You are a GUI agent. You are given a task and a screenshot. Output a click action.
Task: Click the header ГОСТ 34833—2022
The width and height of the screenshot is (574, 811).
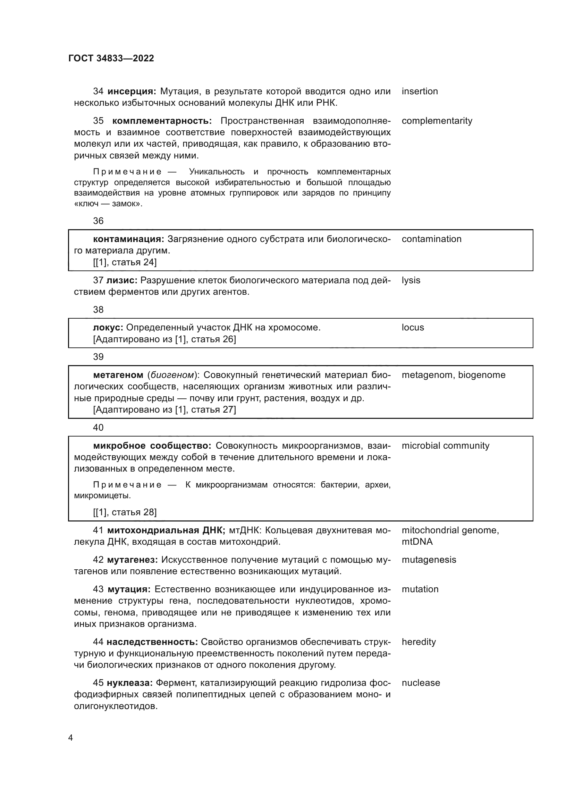[x=111, y=58]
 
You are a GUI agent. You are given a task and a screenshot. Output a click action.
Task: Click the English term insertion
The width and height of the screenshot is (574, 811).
[x=420, y=91]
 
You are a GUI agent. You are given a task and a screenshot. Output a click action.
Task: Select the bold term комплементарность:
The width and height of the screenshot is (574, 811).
[x=162, y=121]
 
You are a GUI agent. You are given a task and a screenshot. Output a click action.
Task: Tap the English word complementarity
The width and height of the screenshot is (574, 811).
[x=437, y=121]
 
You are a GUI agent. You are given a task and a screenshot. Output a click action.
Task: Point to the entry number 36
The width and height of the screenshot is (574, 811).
[x=98, y=221]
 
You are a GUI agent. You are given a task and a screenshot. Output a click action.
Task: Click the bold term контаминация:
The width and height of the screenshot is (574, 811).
[x=129, y=239]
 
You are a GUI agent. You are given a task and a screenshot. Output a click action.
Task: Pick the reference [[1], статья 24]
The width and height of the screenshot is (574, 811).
[x=125, y=262]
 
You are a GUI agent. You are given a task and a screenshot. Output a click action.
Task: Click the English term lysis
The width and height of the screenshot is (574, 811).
[x=411, y=280]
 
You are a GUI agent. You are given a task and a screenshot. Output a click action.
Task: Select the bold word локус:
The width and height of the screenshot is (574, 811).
[x=108, y=327]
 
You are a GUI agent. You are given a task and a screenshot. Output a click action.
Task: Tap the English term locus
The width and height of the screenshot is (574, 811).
[x=413, y=327]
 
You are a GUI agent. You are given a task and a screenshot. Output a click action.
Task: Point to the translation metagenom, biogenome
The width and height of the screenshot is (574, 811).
[x=453, y=375]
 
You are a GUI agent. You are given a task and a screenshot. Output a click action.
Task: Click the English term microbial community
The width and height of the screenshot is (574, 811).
[x=445, y=446]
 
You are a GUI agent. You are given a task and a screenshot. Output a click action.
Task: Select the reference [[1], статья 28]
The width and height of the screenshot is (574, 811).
[x=125, y=512]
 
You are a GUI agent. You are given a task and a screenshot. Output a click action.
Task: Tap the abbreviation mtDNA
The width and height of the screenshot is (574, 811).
[x=417, y=542]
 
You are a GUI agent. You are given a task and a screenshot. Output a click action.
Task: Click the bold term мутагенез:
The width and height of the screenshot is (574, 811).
[x=132, y=560]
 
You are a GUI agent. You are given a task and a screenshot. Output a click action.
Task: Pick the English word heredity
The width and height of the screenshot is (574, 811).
[x=419, y=642]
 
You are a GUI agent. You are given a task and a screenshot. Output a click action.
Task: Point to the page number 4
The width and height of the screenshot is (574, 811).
[x=70, y=738]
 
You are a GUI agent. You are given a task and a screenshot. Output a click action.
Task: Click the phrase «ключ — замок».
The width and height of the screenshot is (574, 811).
[x=108, y=204]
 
